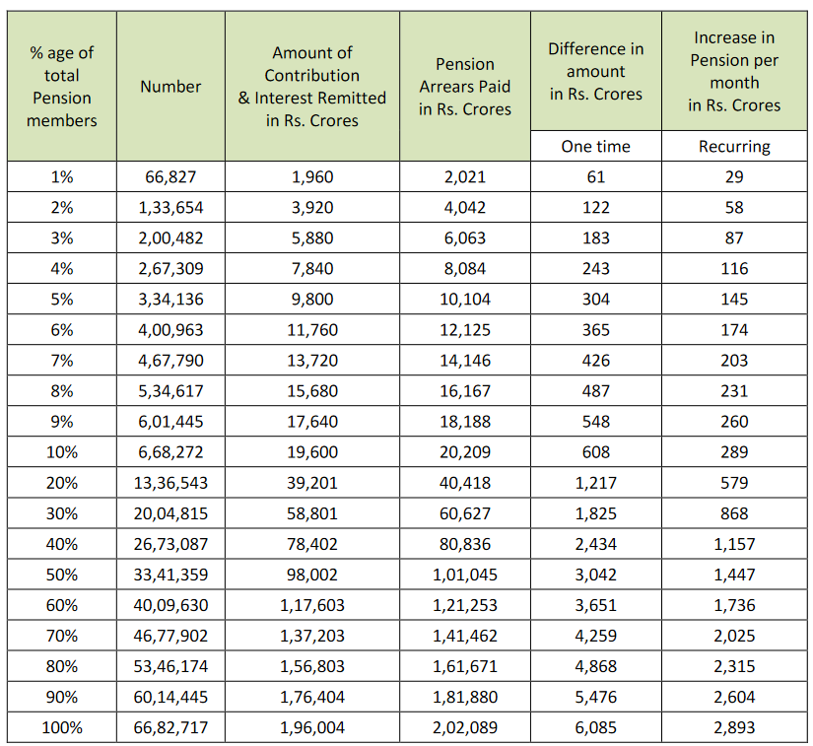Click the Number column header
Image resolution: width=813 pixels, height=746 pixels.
pos(169,87)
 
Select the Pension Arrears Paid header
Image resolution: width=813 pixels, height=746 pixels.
pos(464,87)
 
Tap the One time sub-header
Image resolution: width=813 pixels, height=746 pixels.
pos(595,147)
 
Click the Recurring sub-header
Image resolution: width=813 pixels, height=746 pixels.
pos(734,147)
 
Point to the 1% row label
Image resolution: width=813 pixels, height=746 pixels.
pos(61,177)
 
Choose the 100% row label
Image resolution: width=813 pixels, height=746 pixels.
pos(61,728)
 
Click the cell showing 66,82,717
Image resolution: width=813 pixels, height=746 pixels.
pos(169,728)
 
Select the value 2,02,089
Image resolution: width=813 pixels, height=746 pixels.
pos(464,728)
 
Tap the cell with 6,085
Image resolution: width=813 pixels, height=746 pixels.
pos(595,728)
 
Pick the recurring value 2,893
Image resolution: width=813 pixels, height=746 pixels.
pos(734,728)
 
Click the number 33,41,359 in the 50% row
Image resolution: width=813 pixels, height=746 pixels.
pos(169,575)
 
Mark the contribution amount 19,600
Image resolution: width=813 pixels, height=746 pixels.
pos(312,452)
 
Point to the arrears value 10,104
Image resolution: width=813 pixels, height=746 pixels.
pos(464,300)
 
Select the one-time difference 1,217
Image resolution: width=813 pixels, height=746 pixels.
pos(595,483)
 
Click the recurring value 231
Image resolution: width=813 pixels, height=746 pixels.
pos(734,391)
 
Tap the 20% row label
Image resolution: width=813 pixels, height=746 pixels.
pos(61,483)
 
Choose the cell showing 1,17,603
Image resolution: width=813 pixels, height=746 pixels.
pos(312,605)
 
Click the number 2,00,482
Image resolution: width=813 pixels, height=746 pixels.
pos(169,238)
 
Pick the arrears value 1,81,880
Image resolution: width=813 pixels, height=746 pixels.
pos(464,698)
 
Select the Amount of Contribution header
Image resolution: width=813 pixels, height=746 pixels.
pos(312,87)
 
